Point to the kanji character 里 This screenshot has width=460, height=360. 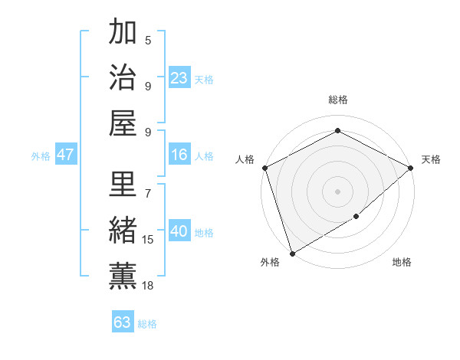[x=123, y=185]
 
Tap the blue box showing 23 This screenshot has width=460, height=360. [x=179, y=77]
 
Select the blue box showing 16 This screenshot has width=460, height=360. [x=179, y=155]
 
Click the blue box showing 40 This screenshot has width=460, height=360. [x=179, y=231]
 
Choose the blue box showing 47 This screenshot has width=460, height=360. [x=65, y=155]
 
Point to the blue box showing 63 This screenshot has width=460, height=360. [x=123, y=322]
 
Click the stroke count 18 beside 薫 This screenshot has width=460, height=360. [x=148, y=286]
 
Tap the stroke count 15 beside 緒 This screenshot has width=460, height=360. [x=148, y=240]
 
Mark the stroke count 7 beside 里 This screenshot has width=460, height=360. [x=148, y=186]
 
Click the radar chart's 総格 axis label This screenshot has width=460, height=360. [x=337, y=100]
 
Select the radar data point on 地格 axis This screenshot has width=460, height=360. [x=356, y=217]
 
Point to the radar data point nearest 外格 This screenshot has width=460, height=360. [x=292, y=252]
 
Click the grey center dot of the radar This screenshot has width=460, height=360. [x=337, y=191]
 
